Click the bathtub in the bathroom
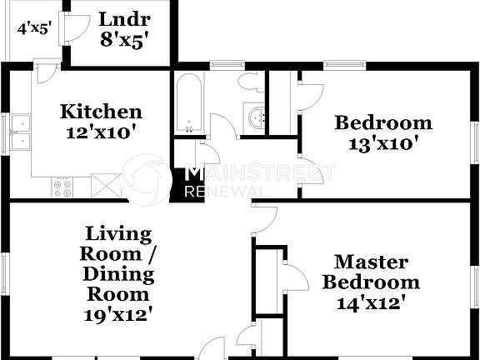[188, 104]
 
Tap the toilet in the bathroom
[249, 83]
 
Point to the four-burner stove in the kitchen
[61, 188]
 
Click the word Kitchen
[100, 112]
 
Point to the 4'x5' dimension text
[34, 27]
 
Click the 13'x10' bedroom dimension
[383, 142]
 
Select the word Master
[372, 262]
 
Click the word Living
[117, 233]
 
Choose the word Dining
[117, 273]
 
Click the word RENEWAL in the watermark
[227, 192]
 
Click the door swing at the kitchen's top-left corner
[46, 71]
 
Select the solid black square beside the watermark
[176, 185]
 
